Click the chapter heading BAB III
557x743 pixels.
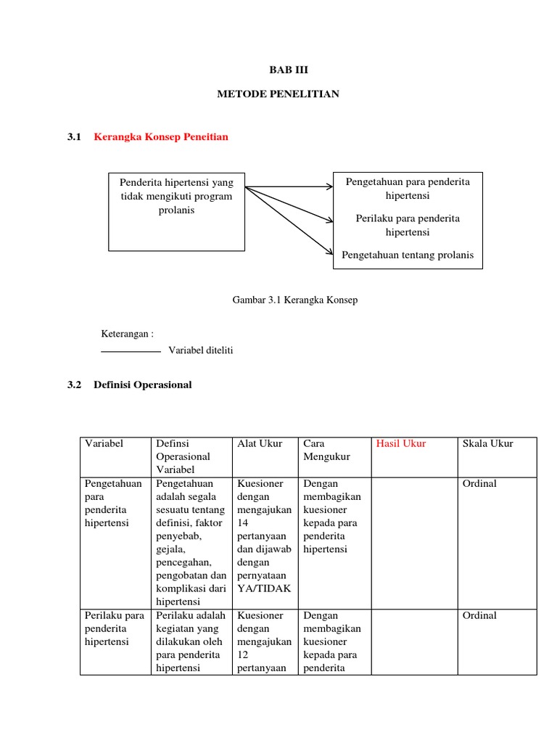click(278, 70)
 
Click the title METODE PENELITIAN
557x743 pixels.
click(278, 94)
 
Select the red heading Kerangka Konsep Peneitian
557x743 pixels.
click(161, 136)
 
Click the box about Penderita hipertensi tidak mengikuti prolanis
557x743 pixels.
click(177, 210)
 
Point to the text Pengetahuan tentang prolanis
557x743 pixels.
click(408, 255)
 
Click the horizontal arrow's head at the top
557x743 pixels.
click(329, 187)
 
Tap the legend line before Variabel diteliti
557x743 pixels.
click(131, 352)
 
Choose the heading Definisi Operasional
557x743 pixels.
click(142, 385)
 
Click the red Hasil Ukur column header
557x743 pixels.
click(401, 443)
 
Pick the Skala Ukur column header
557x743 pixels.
click(487, 443)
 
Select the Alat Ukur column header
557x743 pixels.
click(260, 443)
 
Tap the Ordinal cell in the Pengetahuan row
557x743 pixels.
click(479, 483)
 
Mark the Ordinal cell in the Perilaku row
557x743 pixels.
click(479, 615)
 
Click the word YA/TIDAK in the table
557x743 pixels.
click(264, 588)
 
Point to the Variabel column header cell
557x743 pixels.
click(104, 443)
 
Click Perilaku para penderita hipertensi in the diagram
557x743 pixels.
click(408, 225)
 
